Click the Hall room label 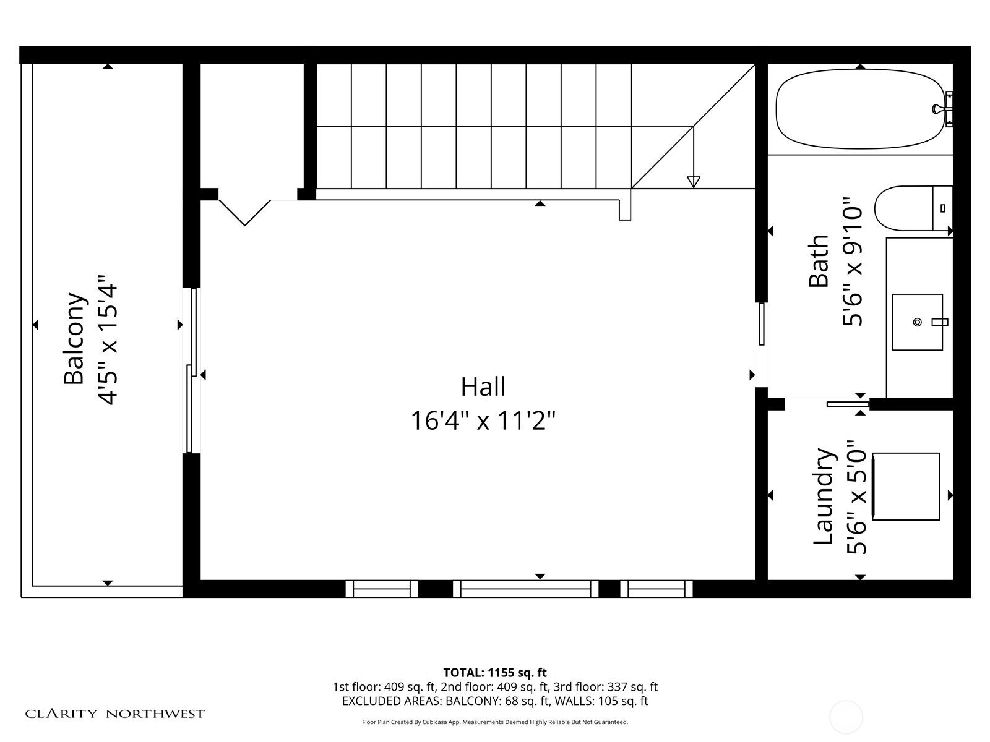pyautogui.click(x=483, y=387)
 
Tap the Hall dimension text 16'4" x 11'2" pyautogui.click(x=483, y=421)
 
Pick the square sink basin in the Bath pyautogui.click(x=917, y=322)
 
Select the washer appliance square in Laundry pyautogui.click(x=906, y=487)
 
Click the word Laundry pyautogui.click(x=824, y=497)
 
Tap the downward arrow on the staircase pyautogui.click(x=694, y=181)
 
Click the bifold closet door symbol pyautogui.click(x=245, y=213)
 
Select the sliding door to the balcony pyautogui.click(x=192, y=371)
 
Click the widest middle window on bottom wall pyautogui.click(x=526, y=589)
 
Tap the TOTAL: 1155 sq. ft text pyautogui.click(x=495, y=673)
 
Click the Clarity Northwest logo pyautogui.click(x=115, y=714)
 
